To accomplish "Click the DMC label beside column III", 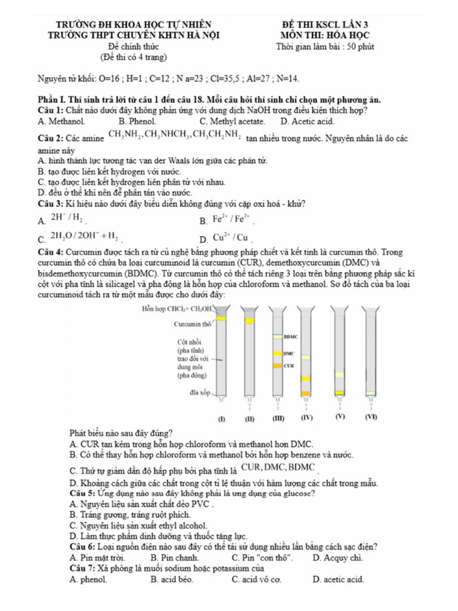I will tap(290, 353).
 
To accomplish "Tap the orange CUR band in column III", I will tap(277, 365).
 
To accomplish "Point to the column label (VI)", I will tap(371, 417).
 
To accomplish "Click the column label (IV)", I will tap(307, 417).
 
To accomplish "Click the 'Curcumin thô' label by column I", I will tap(192, 323).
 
